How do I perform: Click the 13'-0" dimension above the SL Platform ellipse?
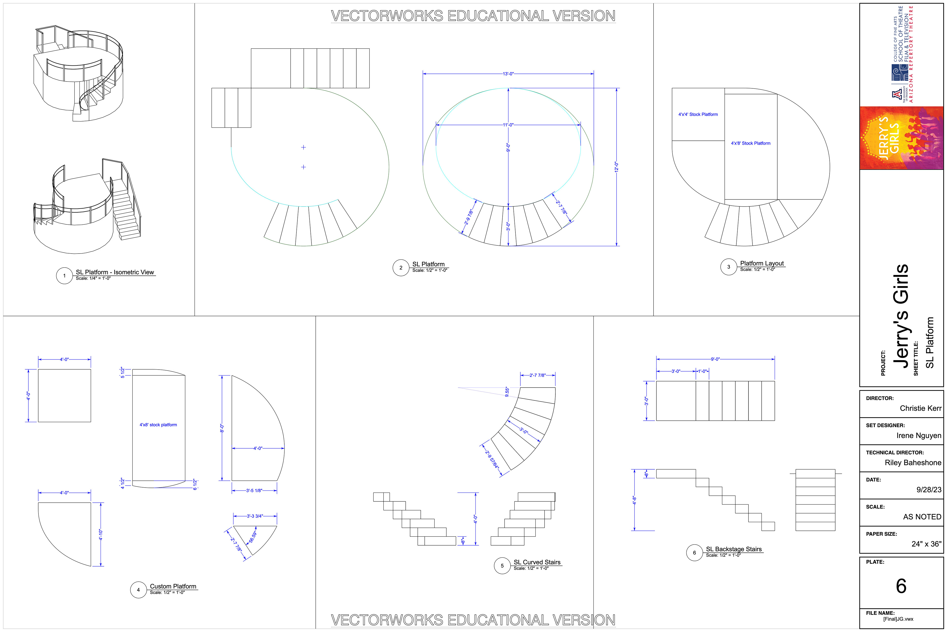(508, 74)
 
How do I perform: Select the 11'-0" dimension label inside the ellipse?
(508, 125)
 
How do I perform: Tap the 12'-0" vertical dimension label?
(616, 167)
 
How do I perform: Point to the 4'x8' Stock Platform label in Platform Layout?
(750, 143)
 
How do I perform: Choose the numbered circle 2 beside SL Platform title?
(401, 268)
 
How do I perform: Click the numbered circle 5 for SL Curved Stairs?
(502, 566)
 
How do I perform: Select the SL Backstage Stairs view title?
(734, 549)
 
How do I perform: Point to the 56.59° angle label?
(253, 537)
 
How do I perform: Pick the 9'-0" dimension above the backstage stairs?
(715, 359)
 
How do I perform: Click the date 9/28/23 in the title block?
(929, 490)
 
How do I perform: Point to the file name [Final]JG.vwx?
(898, 619)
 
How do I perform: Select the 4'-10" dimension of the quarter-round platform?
(101, 534)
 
